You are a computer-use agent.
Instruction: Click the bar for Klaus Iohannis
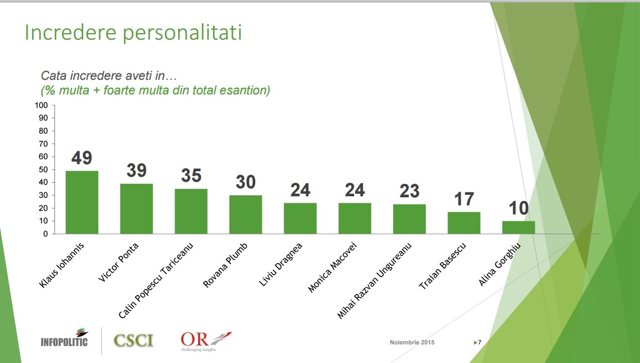82,202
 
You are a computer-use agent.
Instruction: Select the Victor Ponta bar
136,209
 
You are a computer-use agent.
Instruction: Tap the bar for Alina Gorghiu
518,227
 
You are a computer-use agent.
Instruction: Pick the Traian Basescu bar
464,223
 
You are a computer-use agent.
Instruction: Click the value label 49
82,158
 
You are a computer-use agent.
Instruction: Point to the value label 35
191,176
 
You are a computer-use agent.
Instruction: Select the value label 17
464,199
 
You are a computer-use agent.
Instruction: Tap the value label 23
409,191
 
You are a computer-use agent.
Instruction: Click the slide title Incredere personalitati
133,33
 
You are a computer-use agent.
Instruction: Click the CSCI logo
133,340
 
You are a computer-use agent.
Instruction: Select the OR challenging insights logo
206,340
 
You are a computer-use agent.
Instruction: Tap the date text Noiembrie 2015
412,342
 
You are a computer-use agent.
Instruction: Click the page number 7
479,342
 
